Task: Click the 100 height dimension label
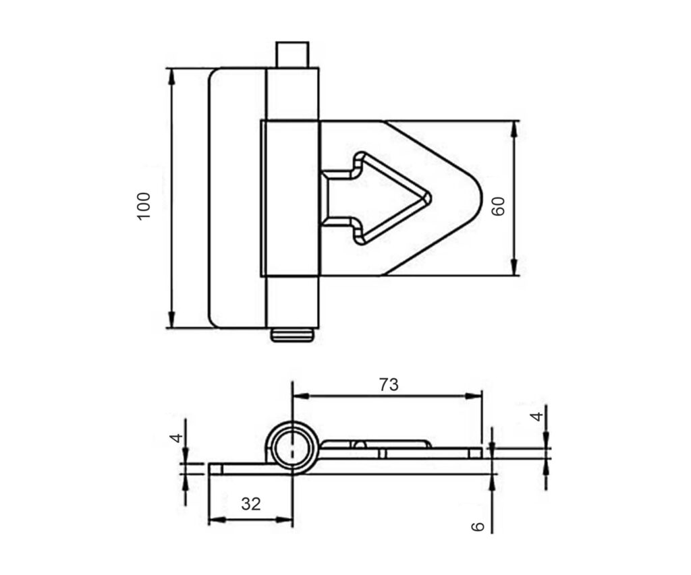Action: point(144,206)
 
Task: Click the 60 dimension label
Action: point(498,206)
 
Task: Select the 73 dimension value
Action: point(389,385)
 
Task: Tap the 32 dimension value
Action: point(251,504)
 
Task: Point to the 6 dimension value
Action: point(478,526)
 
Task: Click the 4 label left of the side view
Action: point(176,437)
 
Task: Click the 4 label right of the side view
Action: point(536,416)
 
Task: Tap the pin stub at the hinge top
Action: point(292,55)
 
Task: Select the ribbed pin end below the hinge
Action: point(292,335)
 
